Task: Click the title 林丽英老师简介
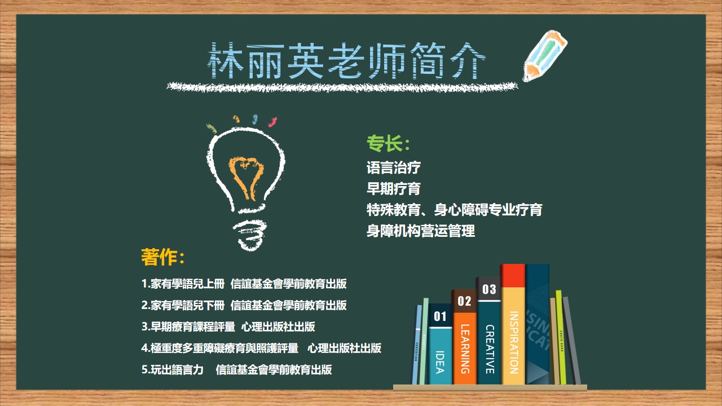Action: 346,60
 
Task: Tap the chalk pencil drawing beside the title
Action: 545,56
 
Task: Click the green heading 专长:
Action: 388,143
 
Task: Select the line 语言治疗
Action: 394,167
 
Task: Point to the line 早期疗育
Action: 394,188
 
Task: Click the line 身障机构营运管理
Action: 421,231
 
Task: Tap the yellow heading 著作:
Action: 163,257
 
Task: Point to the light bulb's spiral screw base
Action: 250,231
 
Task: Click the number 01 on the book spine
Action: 440,316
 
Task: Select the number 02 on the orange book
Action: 464,301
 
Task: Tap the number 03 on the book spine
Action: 489,289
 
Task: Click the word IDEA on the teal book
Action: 440,362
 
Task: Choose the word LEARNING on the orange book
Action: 465,349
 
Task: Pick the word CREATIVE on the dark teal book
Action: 490,349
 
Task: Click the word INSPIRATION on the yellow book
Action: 514,342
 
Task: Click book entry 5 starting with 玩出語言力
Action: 236,369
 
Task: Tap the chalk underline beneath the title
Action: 342,87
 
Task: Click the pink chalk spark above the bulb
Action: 272,122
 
